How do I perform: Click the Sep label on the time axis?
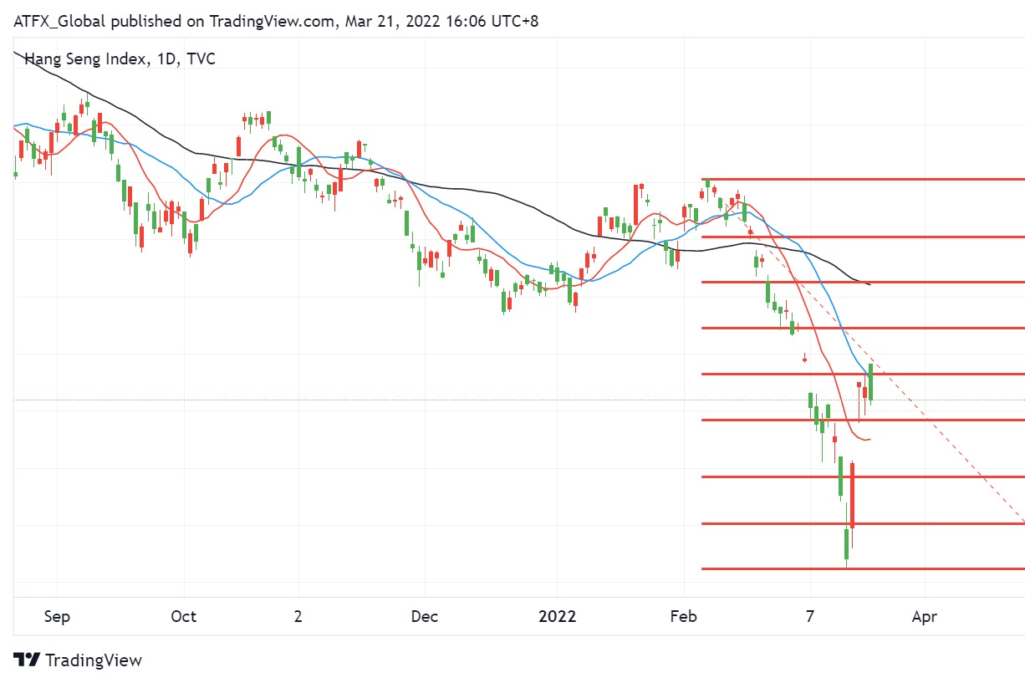[x=56, y=617]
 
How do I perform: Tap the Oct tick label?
[x=183, y=617]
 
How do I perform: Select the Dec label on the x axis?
[x=424, y=617]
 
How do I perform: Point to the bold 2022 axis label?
[x=557, y=617]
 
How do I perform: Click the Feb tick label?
[x=684, y=617]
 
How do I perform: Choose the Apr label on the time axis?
[x=924, y=617]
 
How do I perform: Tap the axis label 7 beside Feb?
[x=810, y=617]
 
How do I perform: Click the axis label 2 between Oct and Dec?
[x=298, y=617]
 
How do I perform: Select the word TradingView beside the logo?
[x=94, y=660]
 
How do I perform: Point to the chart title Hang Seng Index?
[x=82, y=59]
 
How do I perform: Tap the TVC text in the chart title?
[x=201, y=59]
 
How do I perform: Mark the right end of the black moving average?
[x=869, y=285]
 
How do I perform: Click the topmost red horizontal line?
[x=861, y=179]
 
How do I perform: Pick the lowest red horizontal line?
[x=861, y=568]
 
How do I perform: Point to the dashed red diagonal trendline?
[x=945, y=435]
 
